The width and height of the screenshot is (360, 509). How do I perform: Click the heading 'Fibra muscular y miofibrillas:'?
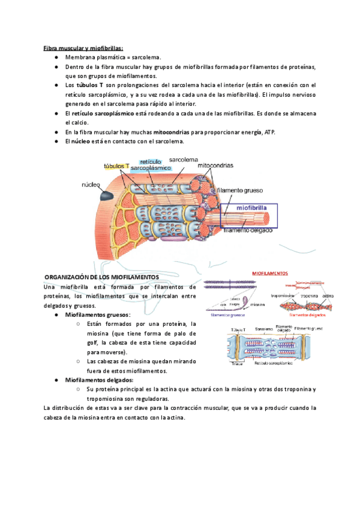coord(83,47)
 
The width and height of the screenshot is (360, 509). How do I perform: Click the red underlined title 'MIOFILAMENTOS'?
coord(269,273)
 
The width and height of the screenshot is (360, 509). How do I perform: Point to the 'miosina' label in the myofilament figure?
coord(257,305)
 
